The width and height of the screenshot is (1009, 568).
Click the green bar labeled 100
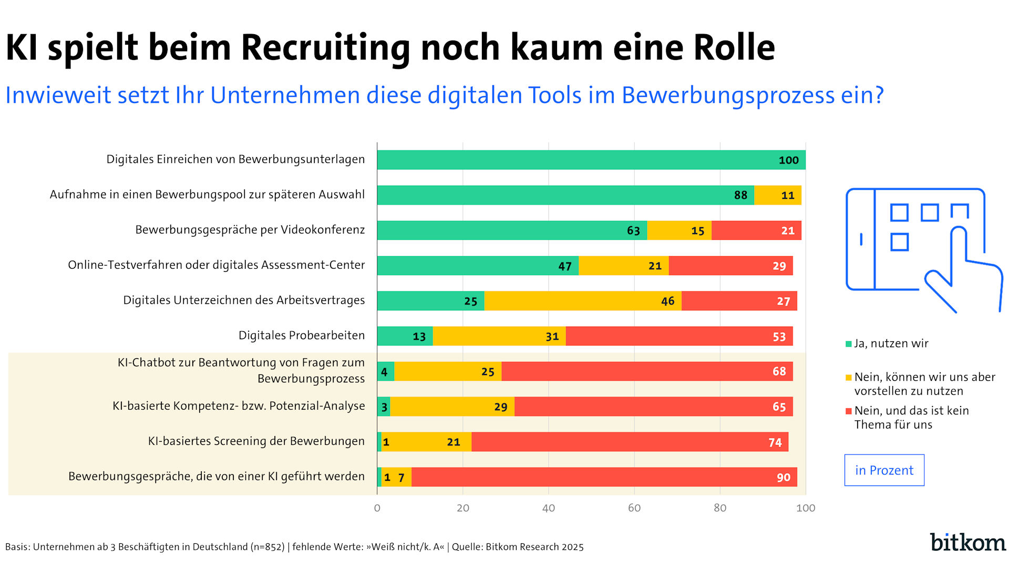591,160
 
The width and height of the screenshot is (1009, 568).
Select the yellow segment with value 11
777,195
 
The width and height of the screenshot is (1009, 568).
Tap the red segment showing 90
604,477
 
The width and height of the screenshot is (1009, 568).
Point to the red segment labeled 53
679,336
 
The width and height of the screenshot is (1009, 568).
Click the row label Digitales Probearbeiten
301,336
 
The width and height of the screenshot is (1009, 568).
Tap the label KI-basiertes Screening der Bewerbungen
256,441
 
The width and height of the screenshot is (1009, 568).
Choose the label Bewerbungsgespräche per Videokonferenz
250,230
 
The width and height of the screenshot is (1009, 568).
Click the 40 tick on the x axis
548,508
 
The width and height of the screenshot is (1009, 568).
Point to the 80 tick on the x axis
719,508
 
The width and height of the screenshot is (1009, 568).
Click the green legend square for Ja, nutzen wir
848,344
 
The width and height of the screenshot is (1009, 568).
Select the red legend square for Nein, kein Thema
848,411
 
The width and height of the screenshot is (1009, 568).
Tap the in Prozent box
884,470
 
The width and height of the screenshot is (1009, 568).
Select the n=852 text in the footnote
267,547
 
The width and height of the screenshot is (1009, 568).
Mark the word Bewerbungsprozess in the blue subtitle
728,96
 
